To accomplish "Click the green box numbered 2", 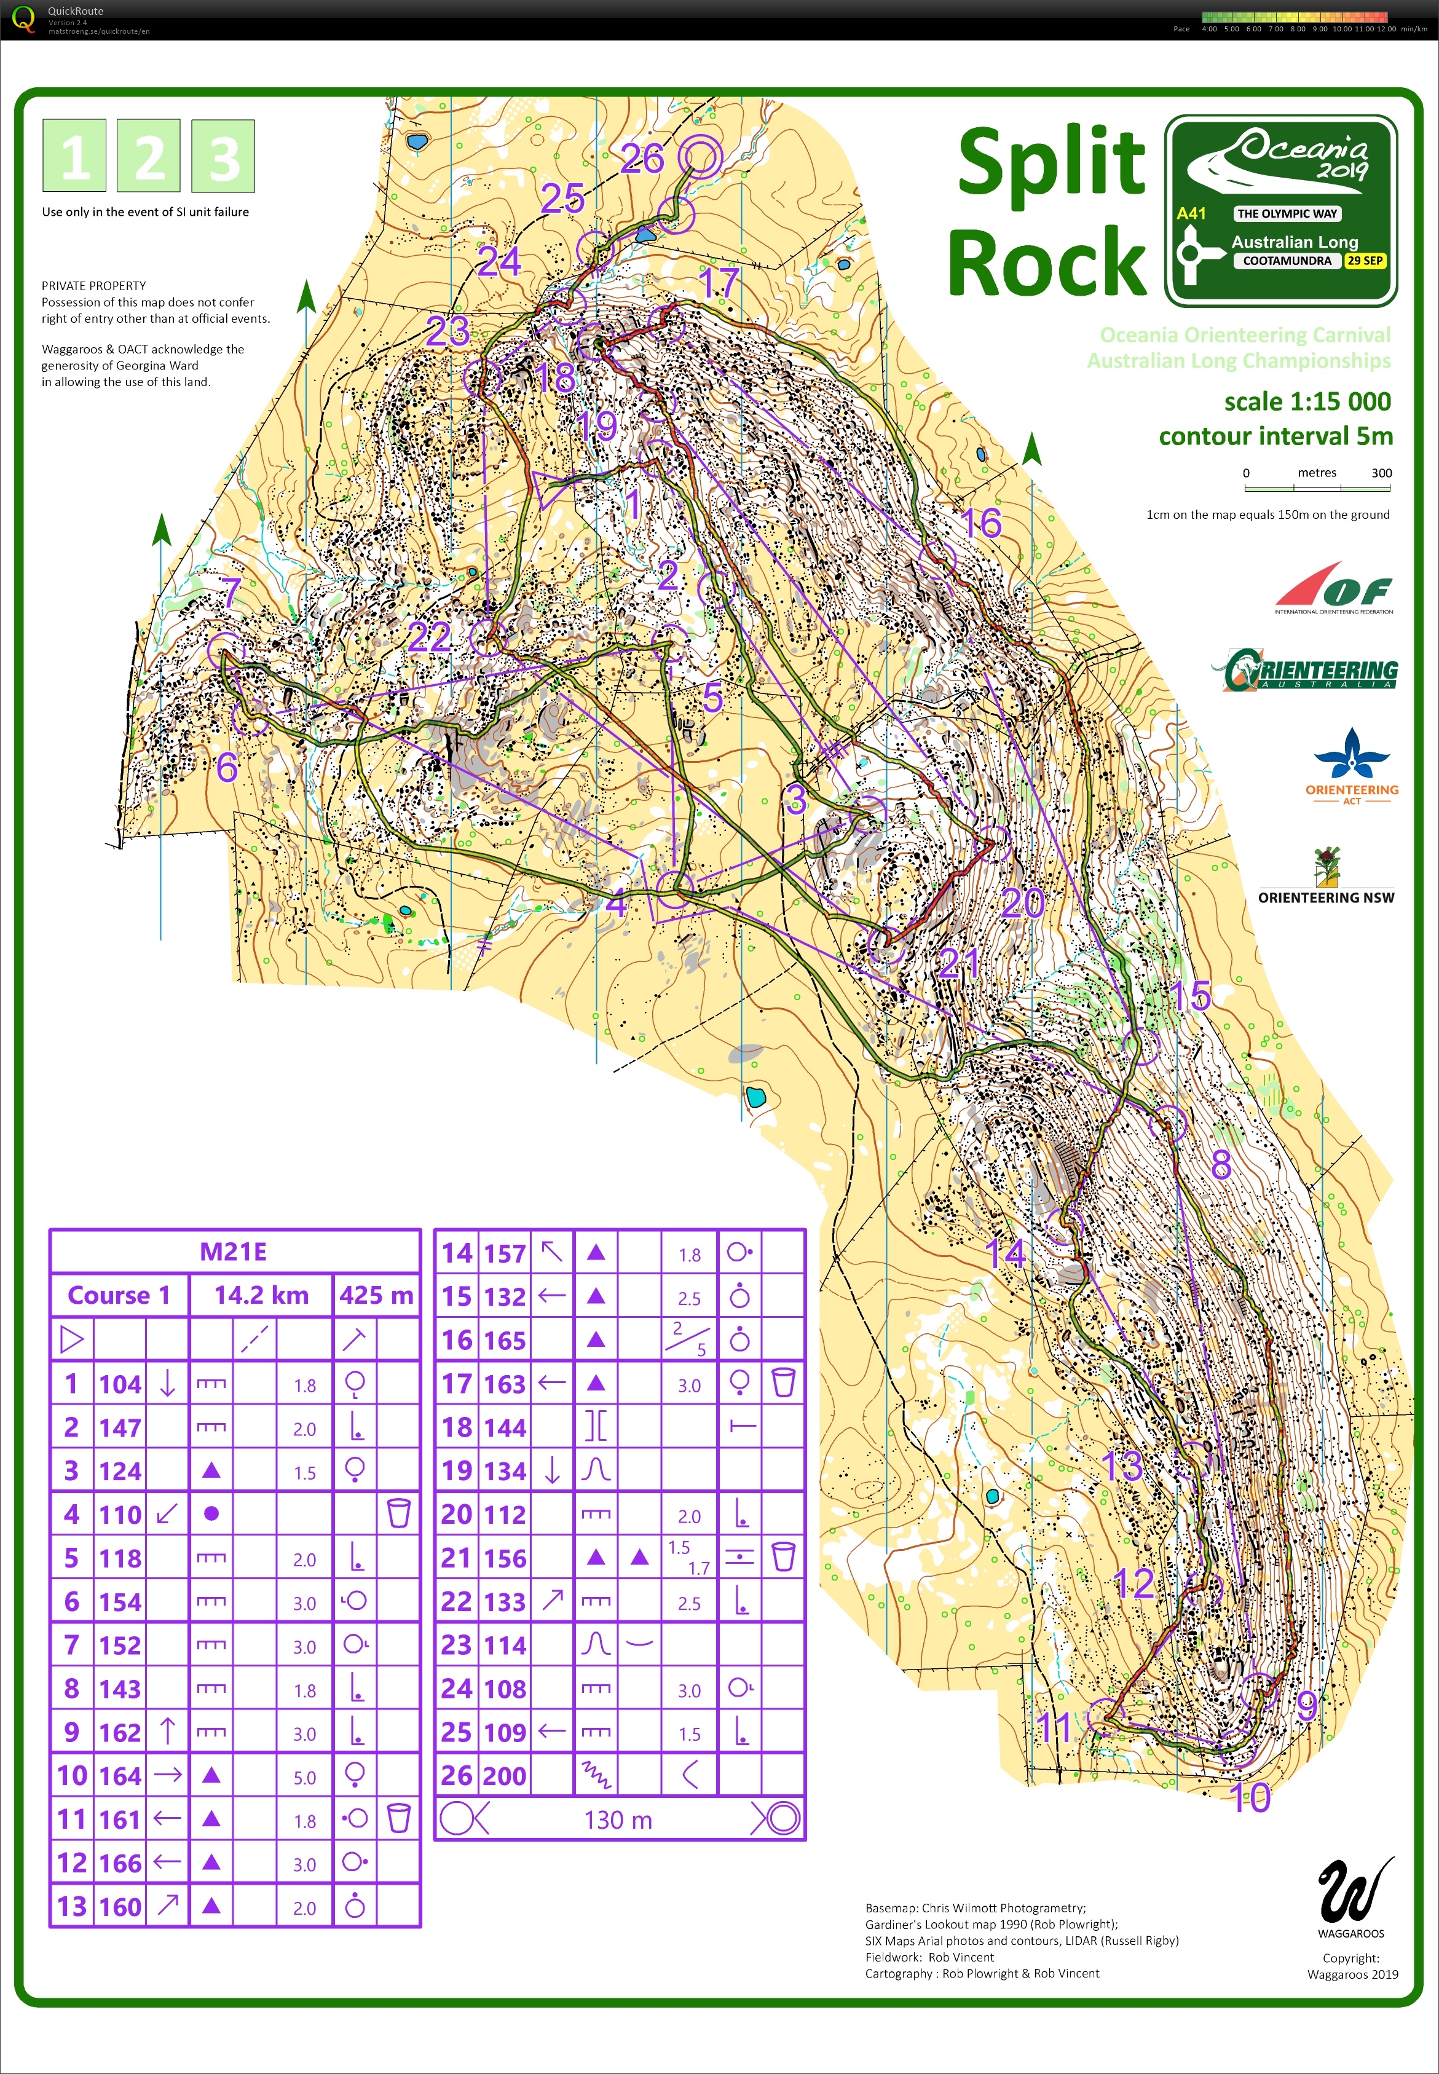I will point(149,156).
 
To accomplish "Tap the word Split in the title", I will point(1051,162).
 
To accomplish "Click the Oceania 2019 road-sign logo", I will point(1281,211).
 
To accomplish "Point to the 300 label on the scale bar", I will point(1381,473).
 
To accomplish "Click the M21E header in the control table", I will point(234,1252).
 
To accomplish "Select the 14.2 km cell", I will point(261,1295).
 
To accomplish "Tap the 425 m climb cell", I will point(376,1295).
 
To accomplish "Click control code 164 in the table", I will point(120,1775).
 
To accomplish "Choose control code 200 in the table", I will point(505,1775).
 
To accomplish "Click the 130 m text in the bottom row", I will point(618,1820).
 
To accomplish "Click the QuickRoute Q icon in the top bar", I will point(23,19).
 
